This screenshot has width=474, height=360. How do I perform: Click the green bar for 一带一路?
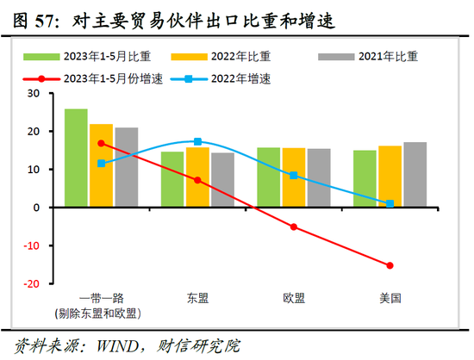click(x=76, y=158)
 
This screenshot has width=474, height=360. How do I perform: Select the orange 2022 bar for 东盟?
click(x=197, y=177)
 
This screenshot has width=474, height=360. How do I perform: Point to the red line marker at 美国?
click(x=390, y=265)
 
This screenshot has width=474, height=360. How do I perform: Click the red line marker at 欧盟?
click(x=294, y=227)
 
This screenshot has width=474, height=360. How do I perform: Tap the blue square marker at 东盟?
click(x=197, y=141)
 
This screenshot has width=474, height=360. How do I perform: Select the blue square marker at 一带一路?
click(x=102, y=163)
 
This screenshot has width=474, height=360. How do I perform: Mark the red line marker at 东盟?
click(x=197, y=180)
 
